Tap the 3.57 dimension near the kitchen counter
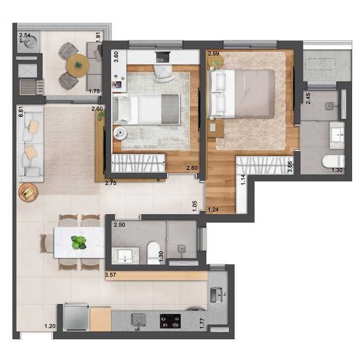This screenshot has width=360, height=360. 110,274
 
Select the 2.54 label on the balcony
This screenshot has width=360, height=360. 25,35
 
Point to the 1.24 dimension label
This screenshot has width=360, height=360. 213,210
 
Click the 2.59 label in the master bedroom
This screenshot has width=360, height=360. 213,54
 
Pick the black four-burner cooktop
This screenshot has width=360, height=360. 170,321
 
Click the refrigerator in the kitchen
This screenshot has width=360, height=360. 76,317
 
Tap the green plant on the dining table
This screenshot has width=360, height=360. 78,243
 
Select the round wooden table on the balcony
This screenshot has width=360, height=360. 78,65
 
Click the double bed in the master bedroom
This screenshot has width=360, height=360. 241,94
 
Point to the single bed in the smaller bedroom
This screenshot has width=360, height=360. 146,109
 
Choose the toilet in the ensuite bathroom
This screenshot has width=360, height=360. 333,161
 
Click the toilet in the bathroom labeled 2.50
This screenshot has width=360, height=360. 154,252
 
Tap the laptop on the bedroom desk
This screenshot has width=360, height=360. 163,57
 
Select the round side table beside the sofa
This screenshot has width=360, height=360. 28,192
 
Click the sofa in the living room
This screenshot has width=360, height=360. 30,144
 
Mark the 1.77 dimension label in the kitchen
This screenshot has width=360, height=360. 202,323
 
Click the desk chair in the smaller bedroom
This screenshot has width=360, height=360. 163,74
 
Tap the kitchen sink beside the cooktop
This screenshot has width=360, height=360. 138,320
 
